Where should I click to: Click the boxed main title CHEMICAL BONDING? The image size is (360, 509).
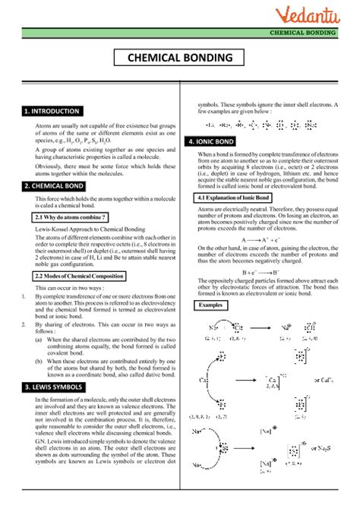pos(179,58)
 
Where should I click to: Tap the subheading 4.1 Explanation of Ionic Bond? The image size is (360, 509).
pos(234,198)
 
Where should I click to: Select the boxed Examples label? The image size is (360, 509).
pos(209,305)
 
